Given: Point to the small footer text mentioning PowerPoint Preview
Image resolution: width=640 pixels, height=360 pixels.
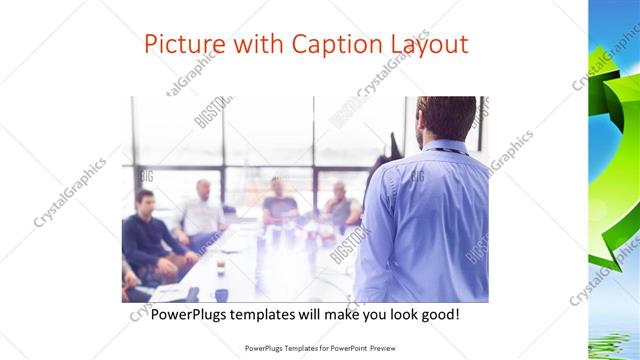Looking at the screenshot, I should coord(319,349).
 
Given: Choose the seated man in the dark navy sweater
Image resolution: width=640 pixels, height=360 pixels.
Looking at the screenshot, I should coord(146,230).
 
